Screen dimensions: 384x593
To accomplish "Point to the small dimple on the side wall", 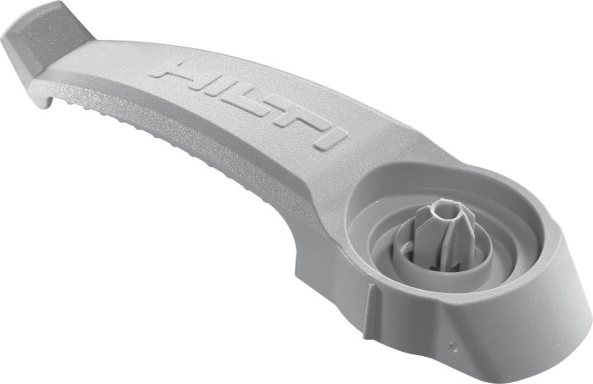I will pyautogui.click(x=453, y=345).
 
